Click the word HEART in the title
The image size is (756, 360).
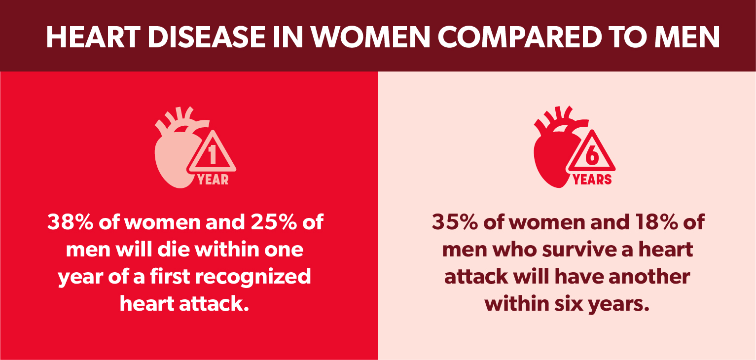click(x=93, y=37)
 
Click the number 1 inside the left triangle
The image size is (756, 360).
click(x=212, y=155)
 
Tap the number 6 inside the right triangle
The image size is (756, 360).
click(x=592, y=155)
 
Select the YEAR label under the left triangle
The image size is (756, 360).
click(x=213, y=180)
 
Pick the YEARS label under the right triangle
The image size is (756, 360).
click(x=592, y=180)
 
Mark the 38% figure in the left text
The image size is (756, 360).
click(x=70, y=222)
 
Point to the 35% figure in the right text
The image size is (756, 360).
click(x=455, y=222)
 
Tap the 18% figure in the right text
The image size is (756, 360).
click(x=656, y=222)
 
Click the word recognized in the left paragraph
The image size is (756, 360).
click(x=253, y=277)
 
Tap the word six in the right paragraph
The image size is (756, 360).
click(x=569, y=304)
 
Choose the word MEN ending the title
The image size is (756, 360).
click(x=687, y=37)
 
